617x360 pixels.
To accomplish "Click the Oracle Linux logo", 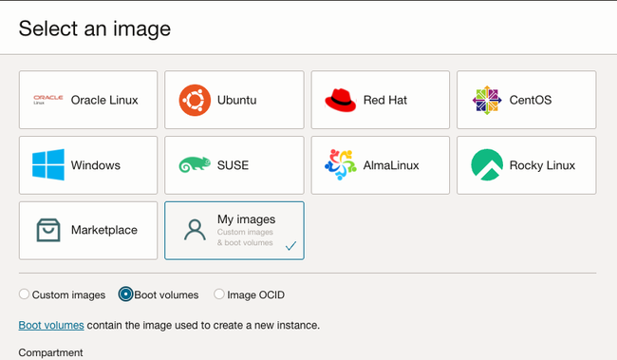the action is (x=48, y=100).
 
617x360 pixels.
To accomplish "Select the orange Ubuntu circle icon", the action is (x=195, y=100).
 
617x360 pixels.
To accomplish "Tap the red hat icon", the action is (x=341, y=100).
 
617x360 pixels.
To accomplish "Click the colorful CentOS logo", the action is (x=487, y=100).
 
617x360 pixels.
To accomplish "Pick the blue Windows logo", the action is (x=48, y=164).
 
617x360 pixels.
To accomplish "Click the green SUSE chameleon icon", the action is (x=195, y=164).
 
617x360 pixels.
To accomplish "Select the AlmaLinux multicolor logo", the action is (x=341, y=164).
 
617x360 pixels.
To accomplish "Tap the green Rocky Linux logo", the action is (x=487, y=164).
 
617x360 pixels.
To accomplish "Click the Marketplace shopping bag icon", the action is (x=48, y=230).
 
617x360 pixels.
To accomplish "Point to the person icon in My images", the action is (x=195, y=230).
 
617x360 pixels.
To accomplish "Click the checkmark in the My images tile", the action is (x=290, y=246).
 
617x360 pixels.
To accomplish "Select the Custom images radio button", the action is (x=24, y=294).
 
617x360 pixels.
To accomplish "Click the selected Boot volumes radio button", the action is (x=125, y=294).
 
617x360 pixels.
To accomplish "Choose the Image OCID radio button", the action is (x=219, y=294).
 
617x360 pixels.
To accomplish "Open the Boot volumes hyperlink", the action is (x=51, y=326).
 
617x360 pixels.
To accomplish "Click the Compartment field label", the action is (x=50, y=352).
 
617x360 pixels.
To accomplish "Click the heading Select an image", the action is (x=94, y=28).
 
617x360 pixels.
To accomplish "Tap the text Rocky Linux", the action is (x=542, y=165).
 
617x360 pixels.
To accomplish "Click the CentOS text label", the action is (x=531, y=100).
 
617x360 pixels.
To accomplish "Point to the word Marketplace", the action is (x=104, y=230).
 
